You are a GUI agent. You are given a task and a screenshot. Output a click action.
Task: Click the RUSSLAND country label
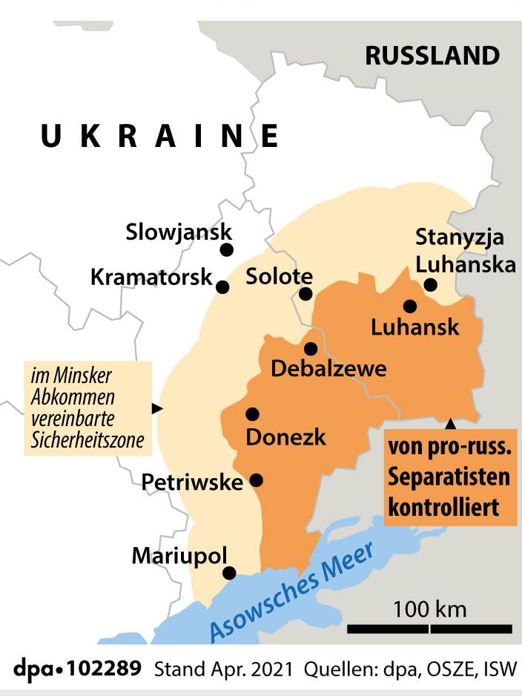pyautogui.click(x=432, y=56)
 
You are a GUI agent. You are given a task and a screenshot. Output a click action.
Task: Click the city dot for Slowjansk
pyautogui.click(x=227, y=250)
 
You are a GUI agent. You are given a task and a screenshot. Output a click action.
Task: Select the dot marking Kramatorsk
pyautogui.click(x=222, y=285)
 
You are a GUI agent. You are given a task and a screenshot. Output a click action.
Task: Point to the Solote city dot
pyautogui.click(x=305, y=294)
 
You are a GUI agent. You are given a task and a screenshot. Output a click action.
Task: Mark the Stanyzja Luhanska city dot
pyautogui.click(x=430, y=284)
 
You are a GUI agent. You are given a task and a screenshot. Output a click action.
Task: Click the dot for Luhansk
pyautogui.click(x=409, y=305)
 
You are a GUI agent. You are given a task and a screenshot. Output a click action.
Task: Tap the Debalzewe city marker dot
pyautogui.click(x=310, y=349)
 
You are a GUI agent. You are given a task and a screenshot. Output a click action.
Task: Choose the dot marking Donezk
pyautogui.click(x=252, y=414)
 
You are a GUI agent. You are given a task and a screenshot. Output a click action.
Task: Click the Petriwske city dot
pyautogui.click(x=257, y=480)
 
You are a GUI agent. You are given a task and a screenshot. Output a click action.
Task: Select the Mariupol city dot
pyautogui.click(x=230, y=573)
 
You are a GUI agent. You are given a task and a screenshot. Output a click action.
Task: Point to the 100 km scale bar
pyautogui.click(x=430, y=629)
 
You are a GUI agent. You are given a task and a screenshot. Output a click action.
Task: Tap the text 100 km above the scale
pyautogui.click(x=430, y=609)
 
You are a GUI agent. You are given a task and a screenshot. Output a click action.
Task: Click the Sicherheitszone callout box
pyautogui.click(x=87, y=409)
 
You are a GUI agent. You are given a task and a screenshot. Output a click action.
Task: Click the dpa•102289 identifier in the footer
pyautogui.click(x=71, y=668)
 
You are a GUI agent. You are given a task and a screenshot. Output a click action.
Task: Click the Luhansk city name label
pyautogui.click(x=415, y=327)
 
